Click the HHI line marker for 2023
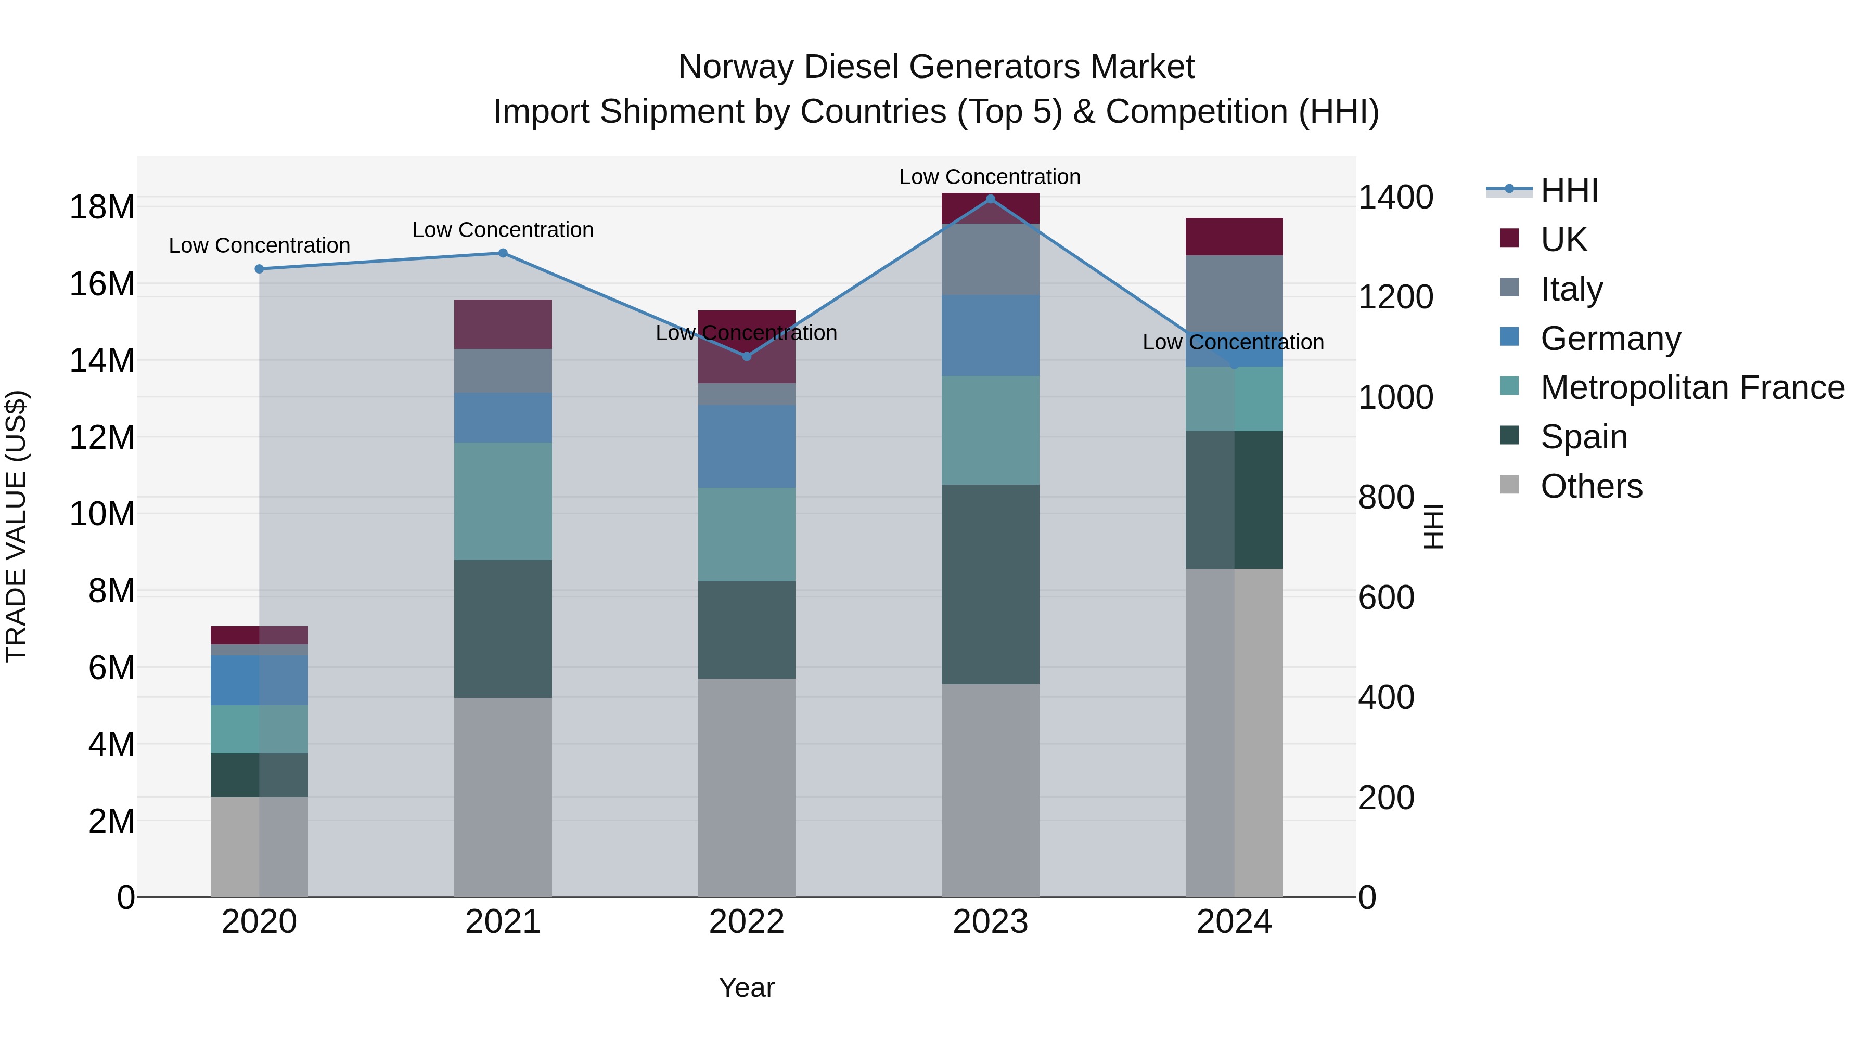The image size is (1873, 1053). click(x=990, y=199)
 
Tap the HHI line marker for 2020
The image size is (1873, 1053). click(x=259, y=269)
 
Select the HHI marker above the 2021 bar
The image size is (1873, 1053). click(x=503, y=253)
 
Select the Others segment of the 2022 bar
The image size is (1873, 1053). click(x=746, y=787)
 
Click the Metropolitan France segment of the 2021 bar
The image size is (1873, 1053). click(x=503, y=501)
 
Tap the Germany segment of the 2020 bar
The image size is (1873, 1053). click(x=259, y=680)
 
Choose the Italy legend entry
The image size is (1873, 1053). click(x=1571, y=289)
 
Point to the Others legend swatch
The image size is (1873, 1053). click(x=1509, y=485)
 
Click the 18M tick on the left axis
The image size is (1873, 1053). click(x=102, y=207)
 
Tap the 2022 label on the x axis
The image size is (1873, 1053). click(x=746, y=922)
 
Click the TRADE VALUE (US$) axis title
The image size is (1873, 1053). click(x=16, y=526)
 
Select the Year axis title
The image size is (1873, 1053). click(x=746, y=987)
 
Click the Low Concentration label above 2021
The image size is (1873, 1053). click(x=503, y=230)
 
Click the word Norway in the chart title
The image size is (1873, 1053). click(x=735, y=67)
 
